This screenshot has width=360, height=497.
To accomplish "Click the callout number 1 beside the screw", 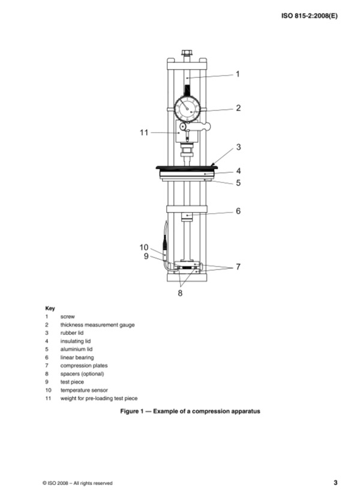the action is pyautogui.click(x=238, y=74).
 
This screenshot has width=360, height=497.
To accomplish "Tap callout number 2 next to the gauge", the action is pyautogui.click(x=238, y=108).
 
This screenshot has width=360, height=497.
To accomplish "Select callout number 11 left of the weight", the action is pyautogui.click(x=144, y=133).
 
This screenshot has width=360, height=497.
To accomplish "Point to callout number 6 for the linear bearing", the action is pyautogui.click(x=238, y=211).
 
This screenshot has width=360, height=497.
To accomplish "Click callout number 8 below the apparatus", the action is pyautogui.click(x=180, y=293).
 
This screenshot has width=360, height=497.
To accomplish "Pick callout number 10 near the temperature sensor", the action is pyautogui.click(x=144, y=247).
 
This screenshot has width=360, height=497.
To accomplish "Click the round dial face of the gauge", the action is pyautogui.click(x=187, y=109).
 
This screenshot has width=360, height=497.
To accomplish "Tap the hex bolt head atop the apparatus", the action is pyautogui.click(x=187, y=53).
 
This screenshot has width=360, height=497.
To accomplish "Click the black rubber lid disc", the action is pyautogui.click(x=187, y=167).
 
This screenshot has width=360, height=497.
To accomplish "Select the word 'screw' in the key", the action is pyautogui.click(x=67, y=317).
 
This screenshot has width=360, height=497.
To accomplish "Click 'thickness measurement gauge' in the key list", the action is pyautogui.click(x=97, y=325).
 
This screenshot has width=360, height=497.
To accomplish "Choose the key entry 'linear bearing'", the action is pyautogui.click(x=77, y=358).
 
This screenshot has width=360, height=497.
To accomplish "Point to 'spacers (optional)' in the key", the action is pyautogui.click(x=82, y=374).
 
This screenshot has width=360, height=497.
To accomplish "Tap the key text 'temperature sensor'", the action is pyautogui.click(x=84, y=390).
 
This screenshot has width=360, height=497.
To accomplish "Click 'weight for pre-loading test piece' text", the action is pyautogui.click(x=99, y=399).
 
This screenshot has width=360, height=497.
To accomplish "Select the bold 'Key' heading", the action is pyautogui.click(x=50, y=309).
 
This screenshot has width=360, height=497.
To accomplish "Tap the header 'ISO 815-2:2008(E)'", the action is pyautogui.click(x=309, y=16).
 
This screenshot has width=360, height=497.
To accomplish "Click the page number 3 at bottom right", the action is pyautogui.click(x=335, y=483).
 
